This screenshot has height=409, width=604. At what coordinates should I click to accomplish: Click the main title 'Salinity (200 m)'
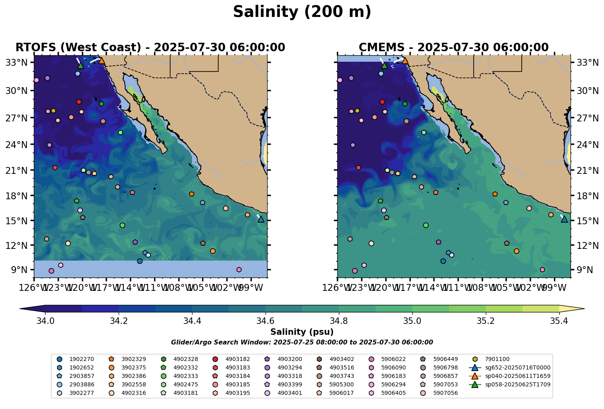pyautogui.click(x=302, y=12)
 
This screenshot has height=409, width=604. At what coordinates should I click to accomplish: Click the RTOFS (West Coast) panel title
pyautogui.click(x=150, y=48)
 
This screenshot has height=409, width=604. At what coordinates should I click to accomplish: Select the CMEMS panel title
pyautogui.click(x=454, y=48)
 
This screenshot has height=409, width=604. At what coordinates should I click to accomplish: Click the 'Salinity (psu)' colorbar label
pyautogui.click(x=302, y=332)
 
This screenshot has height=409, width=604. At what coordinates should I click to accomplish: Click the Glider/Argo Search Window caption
pyautogui.click(x=302, y=342)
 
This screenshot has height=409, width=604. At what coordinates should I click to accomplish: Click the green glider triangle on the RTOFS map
pyautogui.click(x=81, y=65)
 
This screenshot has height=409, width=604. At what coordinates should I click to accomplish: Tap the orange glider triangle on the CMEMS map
pyautogui.click(x=405, y=61)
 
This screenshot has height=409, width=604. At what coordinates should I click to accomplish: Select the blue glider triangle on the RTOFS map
pyautogui.click(x=261, y=219)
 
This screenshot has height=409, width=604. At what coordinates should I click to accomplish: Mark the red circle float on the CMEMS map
pyautogui.click(x=382, y=102)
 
